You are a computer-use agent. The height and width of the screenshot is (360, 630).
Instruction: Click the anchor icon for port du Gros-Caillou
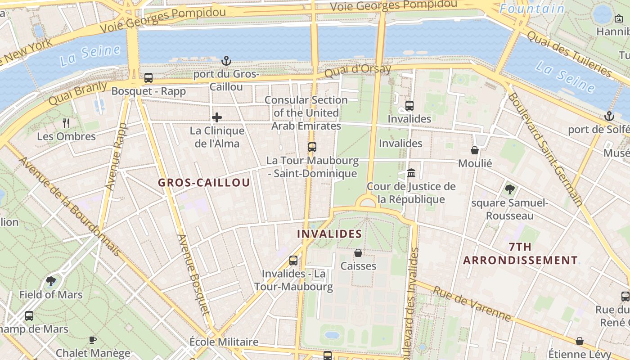[x=226, y=60]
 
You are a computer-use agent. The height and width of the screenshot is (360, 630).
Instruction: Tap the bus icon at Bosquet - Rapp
[x=148, y=78]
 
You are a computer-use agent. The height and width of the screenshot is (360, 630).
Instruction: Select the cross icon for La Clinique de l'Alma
[x=217, y=117]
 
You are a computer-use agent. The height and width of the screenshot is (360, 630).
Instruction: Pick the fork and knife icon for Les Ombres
[x=67, y=123]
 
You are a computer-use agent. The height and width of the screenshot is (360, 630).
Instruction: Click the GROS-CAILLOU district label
[x=204, y=183]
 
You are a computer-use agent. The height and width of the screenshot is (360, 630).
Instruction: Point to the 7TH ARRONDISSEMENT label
[x=521, y=254]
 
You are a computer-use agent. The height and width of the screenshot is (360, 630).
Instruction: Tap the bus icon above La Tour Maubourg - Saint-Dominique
[x=312, y=147]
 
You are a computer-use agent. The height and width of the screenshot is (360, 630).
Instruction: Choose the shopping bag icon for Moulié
[x=475, y=150]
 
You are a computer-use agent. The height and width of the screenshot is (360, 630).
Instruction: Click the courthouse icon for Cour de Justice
[x=411, y=173]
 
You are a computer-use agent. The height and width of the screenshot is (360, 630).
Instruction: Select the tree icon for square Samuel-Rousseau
[x=509, y=189]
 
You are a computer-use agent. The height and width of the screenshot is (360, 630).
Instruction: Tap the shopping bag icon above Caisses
[x=358, y=253]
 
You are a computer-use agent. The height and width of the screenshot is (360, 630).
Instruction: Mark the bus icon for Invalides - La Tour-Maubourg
[x=293, y=260]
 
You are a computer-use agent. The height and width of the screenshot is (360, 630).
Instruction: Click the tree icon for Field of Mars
[x=51, y=282]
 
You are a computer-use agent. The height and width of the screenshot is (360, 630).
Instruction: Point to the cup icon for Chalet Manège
[x=93, y=340]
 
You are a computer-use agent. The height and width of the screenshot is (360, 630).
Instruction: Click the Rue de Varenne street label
[x=472, y=304]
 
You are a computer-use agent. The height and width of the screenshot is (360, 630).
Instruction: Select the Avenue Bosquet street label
[x=193, y=274]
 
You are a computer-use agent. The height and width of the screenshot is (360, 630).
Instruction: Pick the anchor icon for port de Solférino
[x=609, y=116]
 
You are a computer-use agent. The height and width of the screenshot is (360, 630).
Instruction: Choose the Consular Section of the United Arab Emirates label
[x=306, y=113]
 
